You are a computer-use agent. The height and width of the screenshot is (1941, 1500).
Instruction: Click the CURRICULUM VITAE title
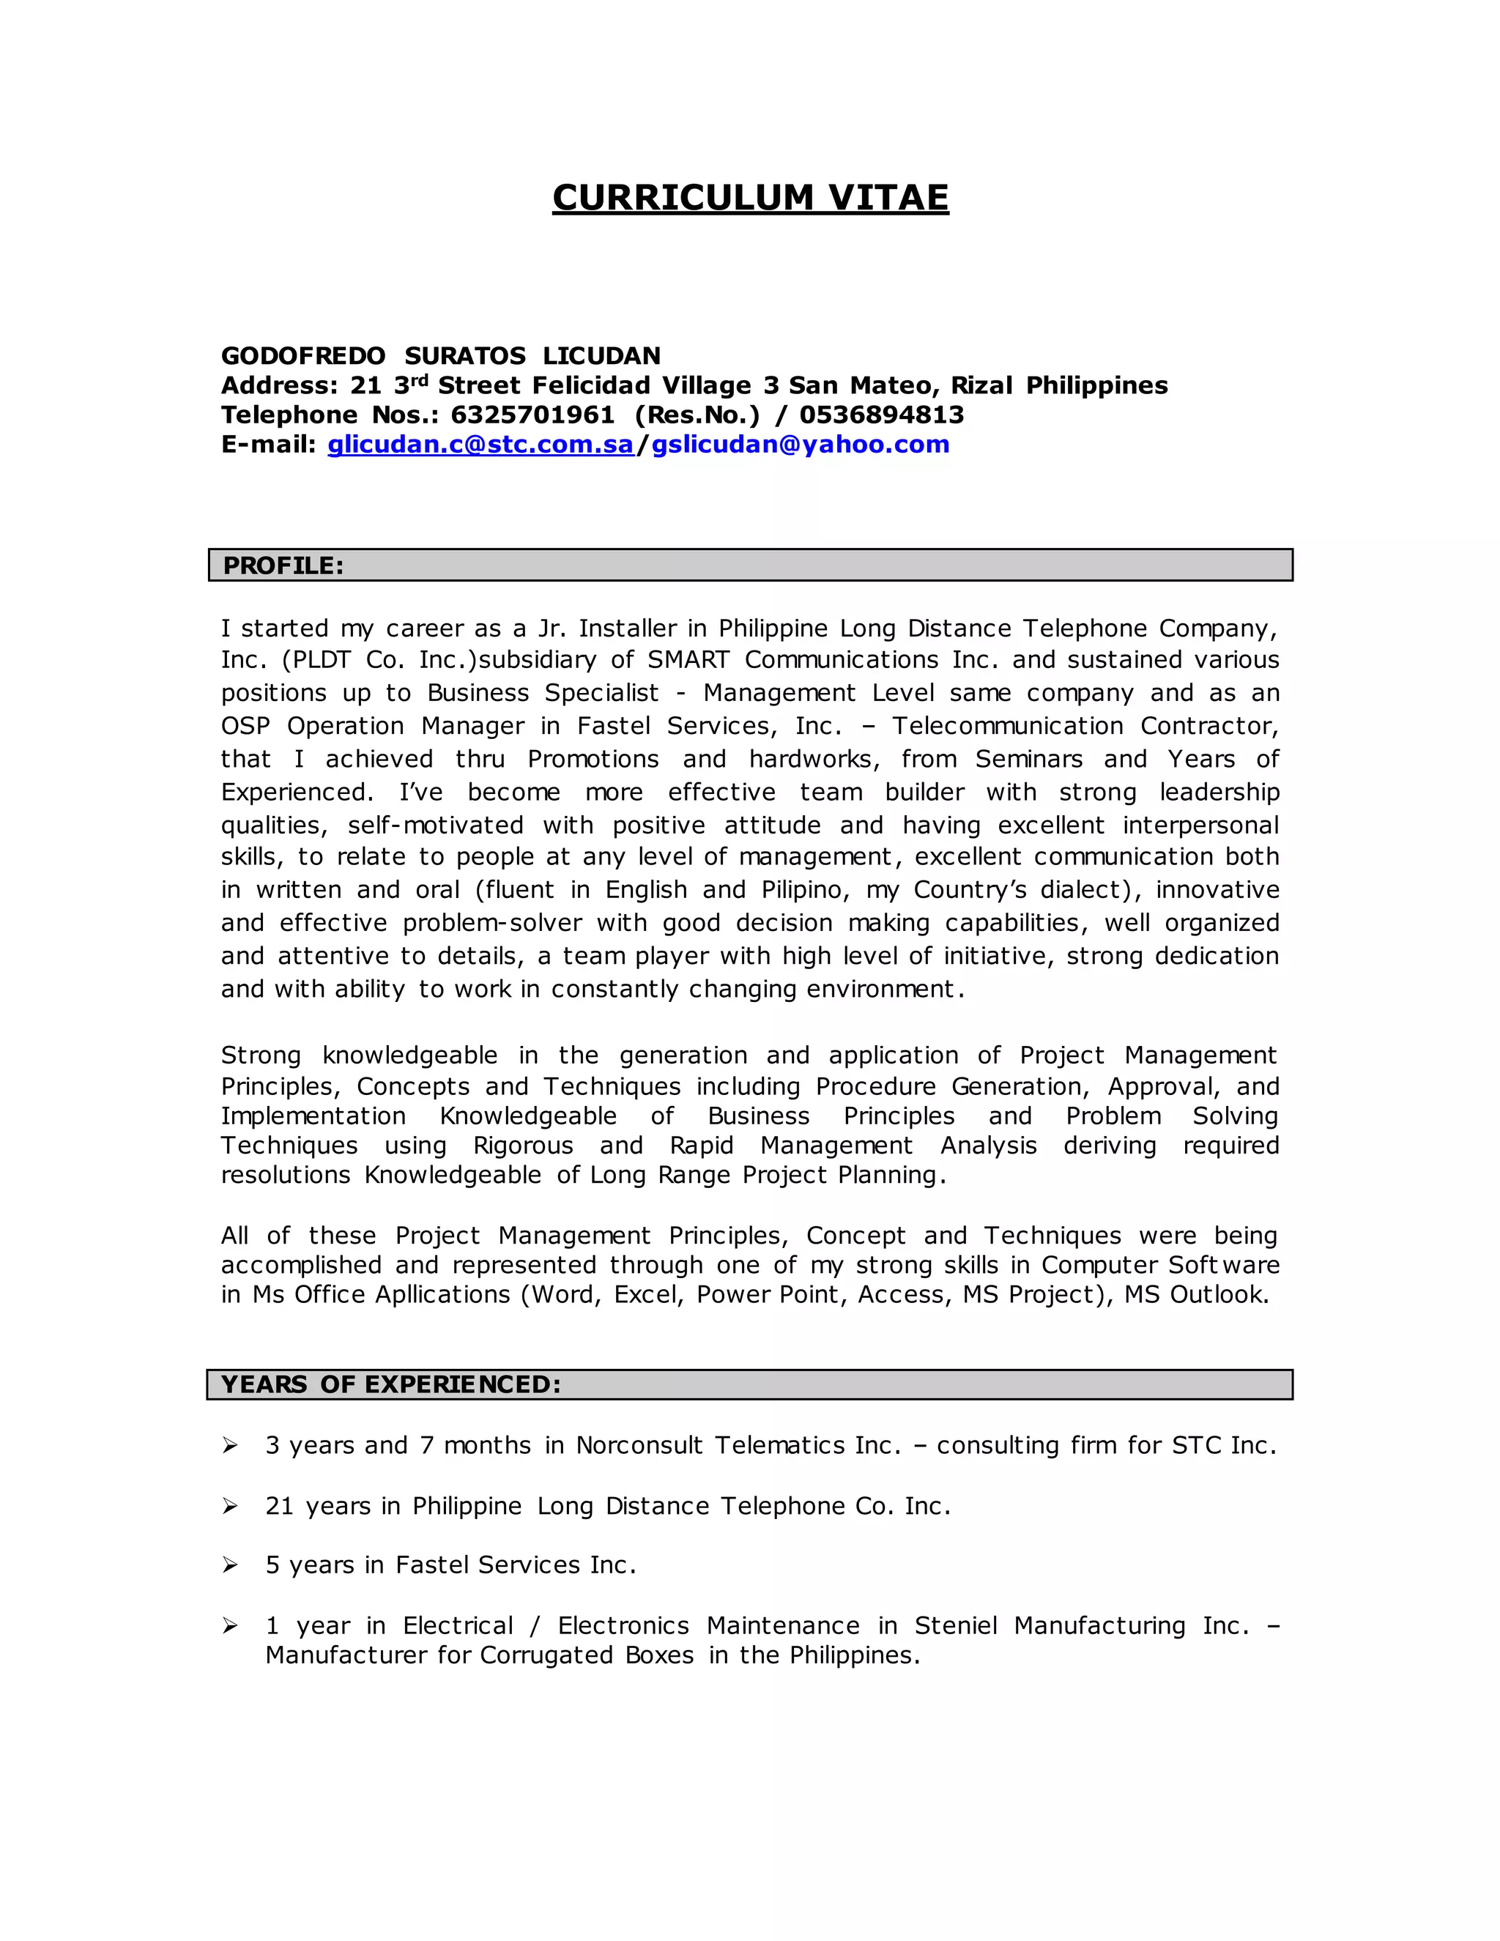point(750,197)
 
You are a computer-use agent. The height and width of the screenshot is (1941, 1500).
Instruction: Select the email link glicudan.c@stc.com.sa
point(480,445)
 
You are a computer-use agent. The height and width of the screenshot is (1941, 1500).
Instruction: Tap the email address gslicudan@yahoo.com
point(800,445)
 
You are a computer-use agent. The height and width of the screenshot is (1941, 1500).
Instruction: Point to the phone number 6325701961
point(532,415)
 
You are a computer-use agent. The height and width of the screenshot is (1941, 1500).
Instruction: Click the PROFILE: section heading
point(283,566)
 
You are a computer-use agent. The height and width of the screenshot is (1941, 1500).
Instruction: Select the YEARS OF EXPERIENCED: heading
point(391,1384)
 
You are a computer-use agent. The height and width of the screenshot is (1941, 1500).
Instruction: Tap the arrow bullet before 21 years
point(230,1505)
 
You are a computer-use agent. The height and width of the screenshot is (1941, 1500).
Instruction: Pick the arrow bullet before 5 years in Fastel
point(230,1565)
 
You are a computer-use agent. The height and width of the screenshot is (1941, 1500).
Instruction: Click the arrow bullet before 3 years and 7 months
point(230,1446)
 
